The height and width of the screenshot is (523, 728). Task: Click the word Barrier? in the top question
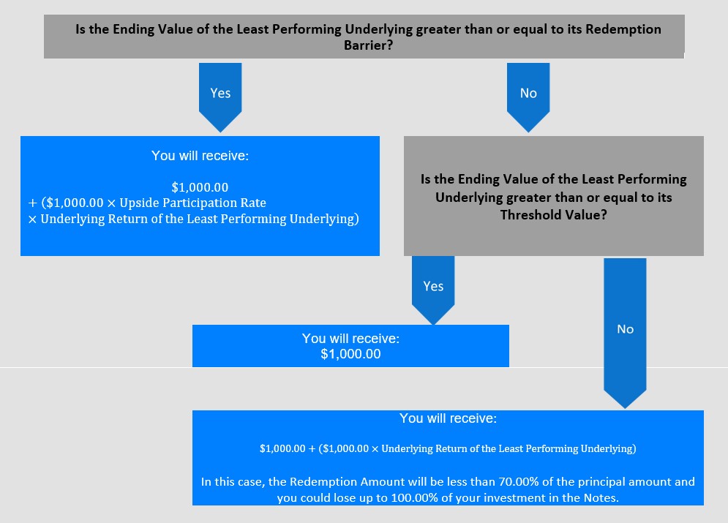click(368, 45)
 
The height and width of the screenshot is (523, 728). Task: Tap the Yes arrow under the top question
click(220, 97)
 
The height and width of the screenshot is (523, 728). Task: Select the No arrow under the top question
click(528, 97)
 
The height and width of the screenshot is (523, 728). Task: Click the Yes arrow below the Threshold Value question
click(433, 290)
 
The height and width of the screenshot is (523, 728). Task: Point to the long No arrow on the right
click(625, 333)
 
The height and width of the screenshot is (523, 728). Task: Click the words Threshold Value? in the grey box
click(553, 215)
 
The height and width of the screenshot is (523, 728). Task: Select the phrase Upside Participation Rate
click(192, 203)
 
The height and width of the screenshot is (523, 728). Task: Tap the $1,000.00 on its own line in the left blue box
click(200, 187)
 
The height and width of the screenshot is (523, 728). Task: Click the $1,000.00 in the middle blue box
click(350, 354)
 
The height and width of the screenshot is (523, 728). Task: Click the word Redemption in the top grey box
click(623, 29)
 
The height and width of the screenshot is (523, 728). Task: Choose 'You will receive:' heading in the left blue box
click(200, 156)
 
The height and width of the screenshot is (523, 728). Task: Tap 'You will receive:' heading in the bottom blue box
click(448, 418)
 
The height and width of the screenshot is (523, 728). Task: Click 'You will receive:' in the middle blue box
click(350, 338)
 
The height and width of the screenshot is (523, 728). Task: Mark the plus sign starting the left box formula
click(32, 203)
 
